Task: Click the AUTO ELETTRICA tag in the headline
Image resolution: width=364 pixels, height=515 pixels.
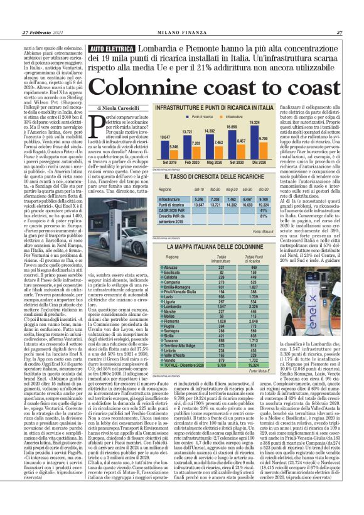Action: (x=113, y=48)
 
